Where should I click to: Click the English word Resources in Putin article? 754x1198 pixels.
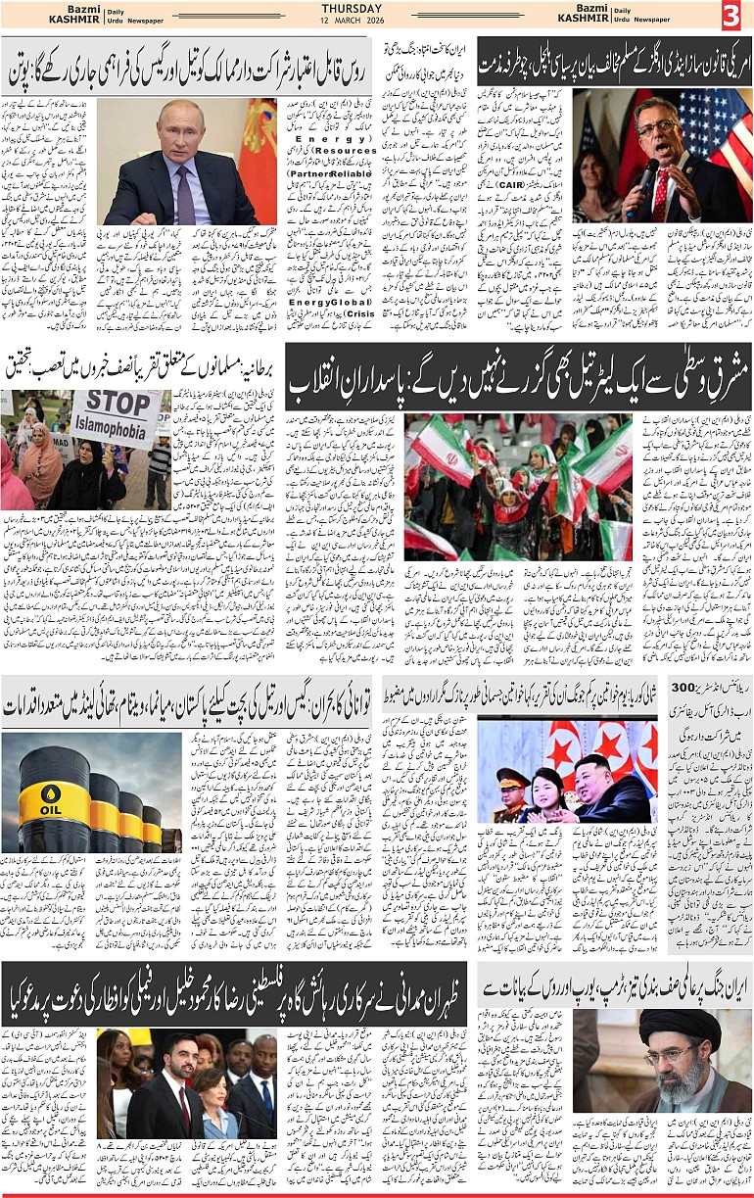[348, 151]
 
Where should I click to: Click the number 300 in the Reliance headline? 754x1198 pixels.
[733, 687]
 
